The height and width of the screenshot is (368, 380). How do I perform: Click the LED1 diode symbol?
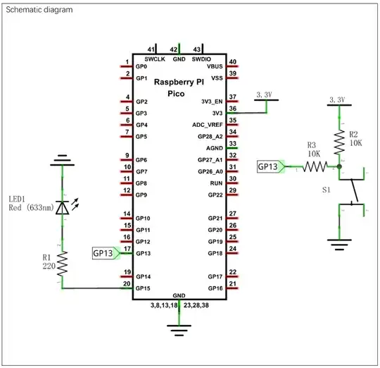click(x=63, y=207)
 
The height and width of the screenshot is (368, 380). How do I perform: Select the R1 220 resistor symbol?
click(x=63, y=264)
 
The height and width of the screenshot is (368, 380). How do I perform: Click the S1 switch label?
click(x=325, y=190)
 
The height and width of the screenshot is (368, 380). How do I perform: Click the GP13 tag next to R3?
click(x=269, y=167)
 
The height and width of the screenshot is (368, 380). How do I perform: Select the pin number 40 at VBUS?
click(x=233, y=61)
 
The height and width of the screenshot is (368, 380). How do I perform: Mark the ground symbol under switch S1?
click(x=339, y=247)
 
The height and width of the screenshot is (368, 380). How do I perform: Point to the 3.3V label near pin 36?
click(x=266, y=94)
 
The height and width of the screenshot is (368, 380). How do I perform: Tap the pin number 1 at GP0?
click(x=127, y=61)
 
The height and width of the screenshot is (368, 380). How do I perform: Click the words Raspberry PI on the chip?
click(x=179, y=82)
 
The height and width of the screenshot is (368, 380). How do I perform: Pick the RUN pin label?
click(x=216, y=183)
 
